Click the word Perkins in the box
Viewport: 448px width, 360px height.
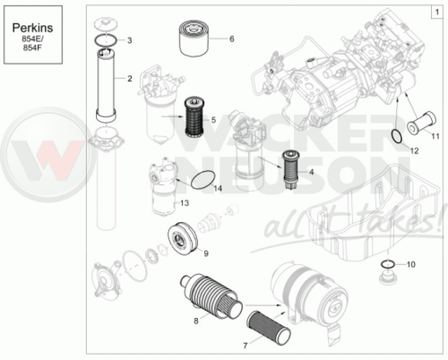coord(32,28)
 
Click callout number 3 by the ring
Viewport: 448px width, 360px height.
coord(130,40)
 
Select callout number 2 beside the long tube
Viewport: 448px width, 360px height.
coord(130,79)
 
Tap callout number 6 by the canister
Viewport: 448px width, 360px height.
coord(232,39)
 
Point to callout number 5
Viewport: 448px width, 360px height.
coord(213,120)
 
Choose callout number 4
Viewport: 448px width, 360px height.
coord(312,172)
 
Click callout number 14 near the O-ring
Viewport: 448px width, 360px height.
coord(218,188)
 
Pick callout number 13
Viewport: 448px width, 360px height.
coord(185,203)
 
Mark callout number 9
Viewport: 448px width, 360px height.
coord(206,253)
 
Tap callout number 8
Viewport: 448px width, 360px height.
coord(196,321)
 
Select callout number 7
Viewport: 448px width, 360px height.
coord(246,346)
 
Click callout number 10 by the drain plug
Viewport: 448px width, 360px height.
coord(411,264)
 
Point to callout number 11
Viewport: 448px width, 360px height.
coord(435,136)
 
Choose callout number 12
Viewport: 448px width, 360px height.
coord(415,150)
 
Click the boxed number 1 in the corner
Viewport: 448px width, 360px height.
coord(437,12)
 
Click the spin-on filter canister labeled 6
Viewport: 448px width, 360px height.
coord(194,39)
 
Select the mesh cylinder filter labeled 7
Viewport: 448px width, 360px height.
coord(269,325)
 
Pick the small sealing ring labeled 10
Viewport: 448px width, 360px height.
coord(388,264)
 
